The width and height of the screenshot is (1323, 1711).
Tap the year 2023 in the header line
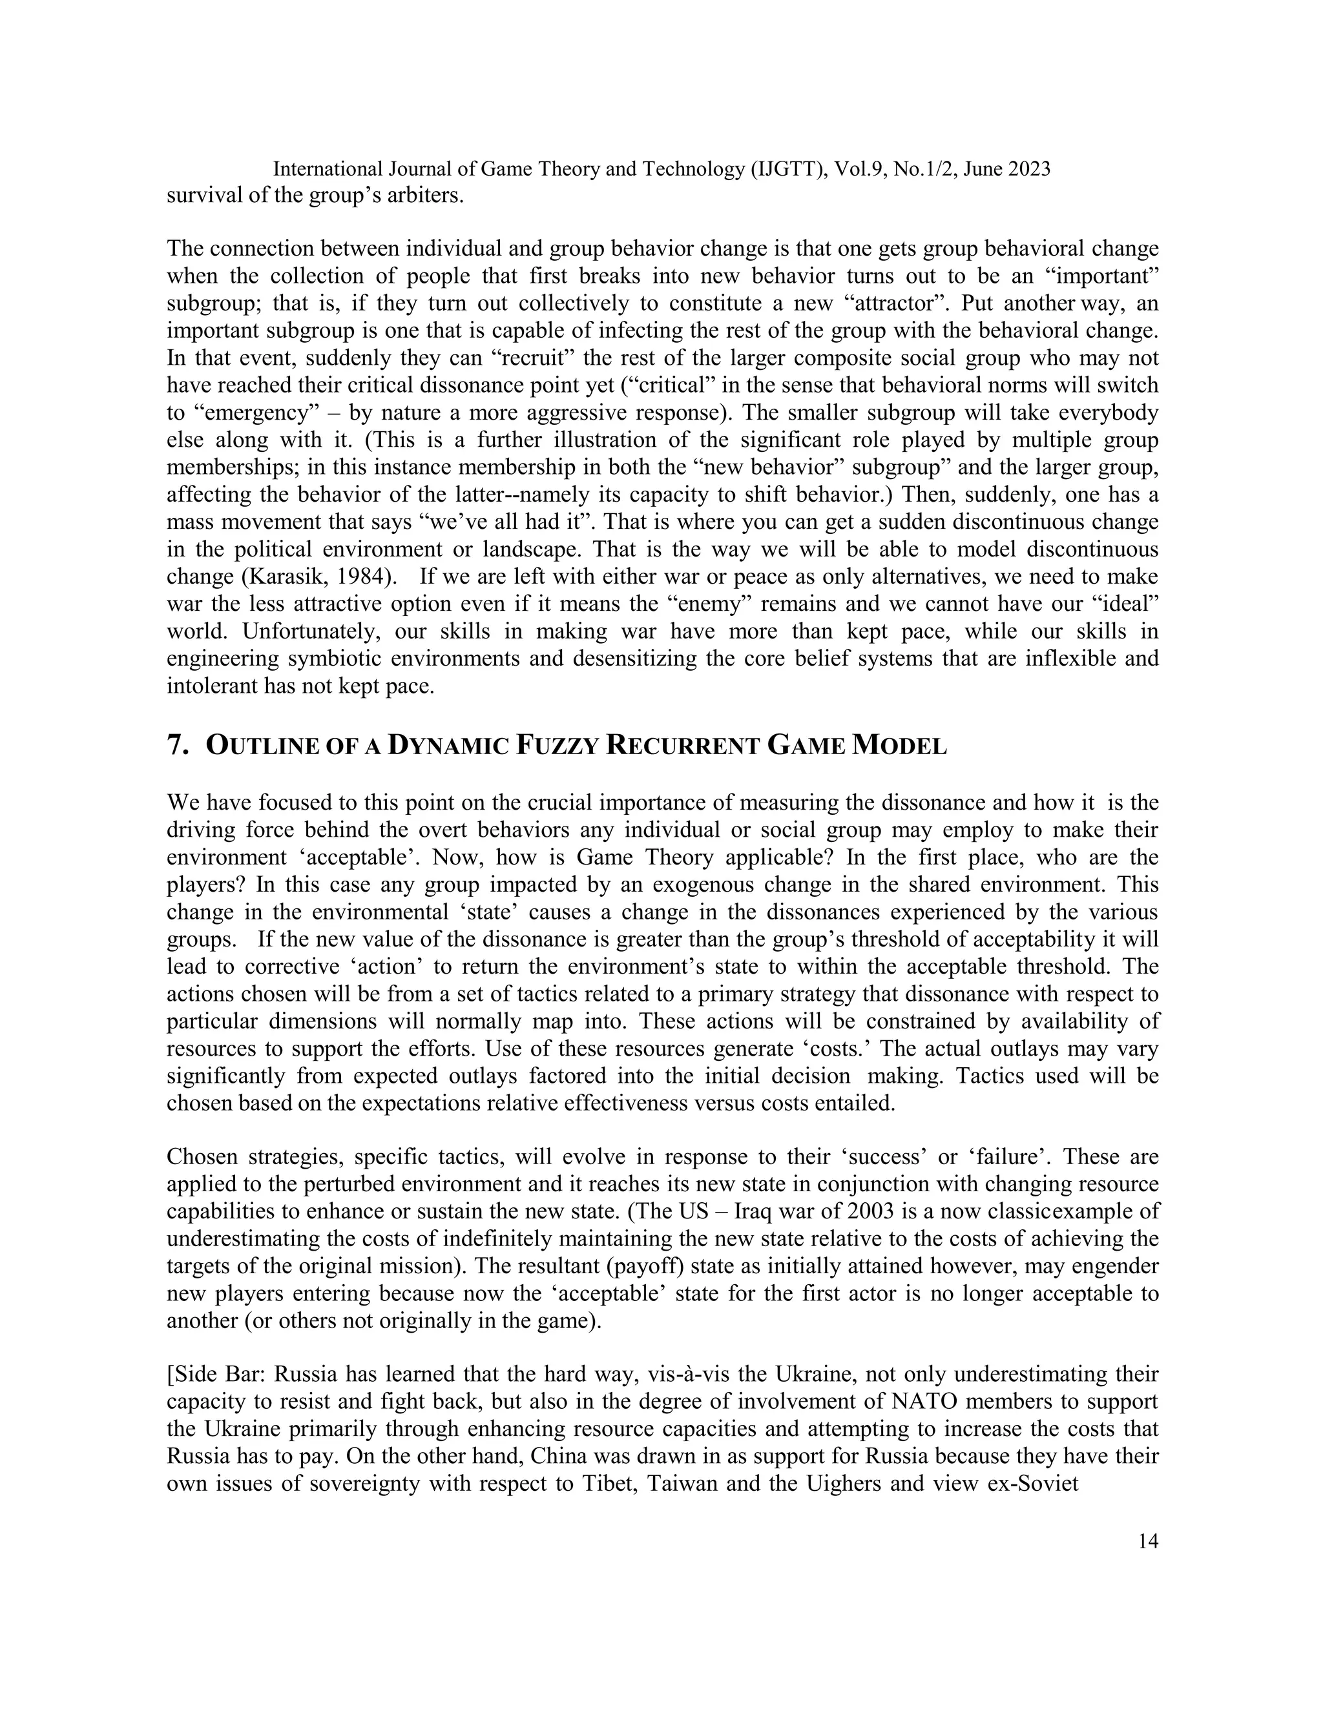pyautogui.click(x=1022, y=169)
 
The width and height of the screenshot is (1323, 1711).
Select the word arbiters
pyautogui.click(x=423, y=194)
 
